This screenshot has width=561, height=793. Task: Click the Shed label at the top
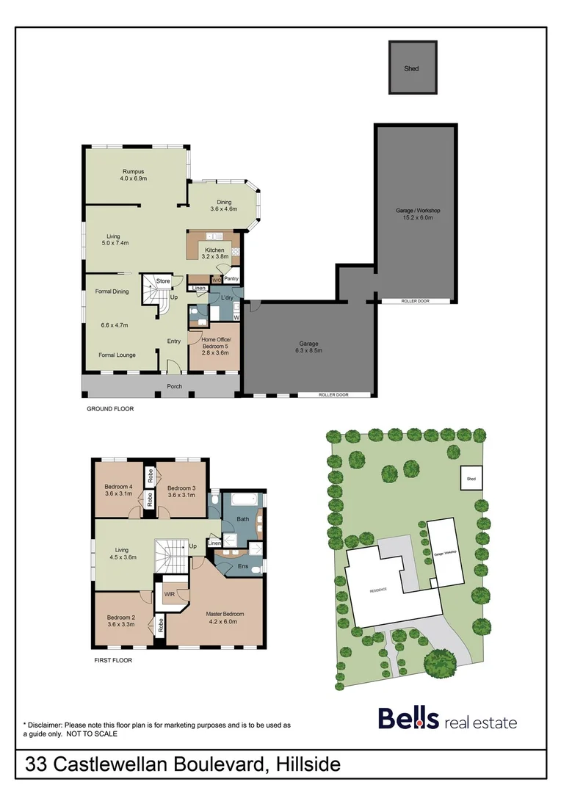pos(411,69)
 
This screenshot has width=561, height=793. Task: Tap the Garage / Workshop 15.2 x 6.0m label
pos(417,214)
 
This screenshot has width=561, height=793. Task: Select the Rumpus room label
pos(134,175)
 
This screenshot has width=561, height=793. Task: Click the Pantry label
pos(231,279)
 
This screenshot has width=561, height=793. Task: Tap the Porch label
pos(175,386)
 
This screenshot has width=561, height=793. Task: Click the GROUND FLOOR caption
pos(110,408)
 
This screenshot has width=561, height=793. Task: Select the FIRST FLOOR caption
pos(113,659)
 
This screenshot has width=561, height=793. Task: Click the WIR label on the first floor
pos(169,594)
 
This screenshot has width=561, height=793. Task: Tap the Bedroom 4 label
pos(118,490)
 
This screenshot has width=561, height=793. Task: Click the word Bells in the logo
pos(408,719)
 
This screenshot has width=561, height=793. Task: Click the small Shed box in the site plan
pos(471,478)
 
